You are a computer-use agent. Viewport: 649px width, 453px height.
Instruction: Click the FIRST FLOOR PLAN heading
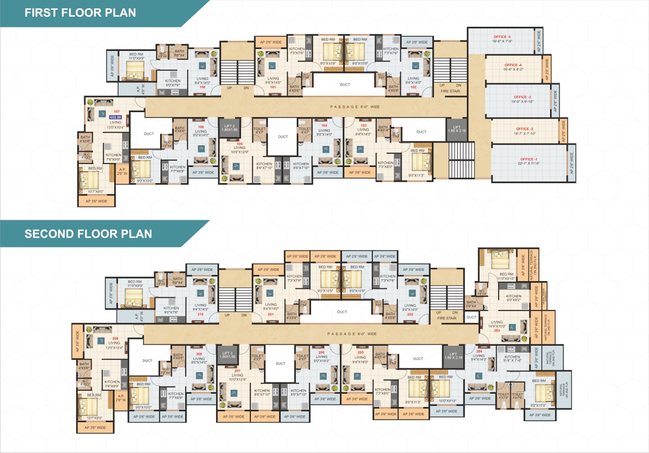[80, 13]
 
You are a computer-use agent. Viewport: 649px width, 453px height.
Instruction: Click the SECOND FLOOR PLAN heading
[88, 234]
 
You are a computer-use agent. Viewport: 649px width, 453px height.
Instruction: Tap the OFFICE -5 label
[502, 37]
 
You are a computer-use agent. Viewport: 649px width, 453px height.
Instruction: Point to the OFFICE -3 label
[522, 97]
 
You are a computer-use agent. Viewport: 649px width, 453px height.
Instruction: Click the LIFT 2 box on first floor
[229, 128]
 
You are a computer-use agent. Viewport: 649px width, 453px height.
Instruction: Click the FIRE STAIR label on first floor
[450, 91]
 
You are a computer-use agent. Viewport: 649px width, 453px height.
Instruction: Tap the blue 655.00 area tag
[115, 117]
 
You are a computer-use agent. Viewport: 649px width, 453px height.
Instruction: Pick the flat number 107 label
[117, 112]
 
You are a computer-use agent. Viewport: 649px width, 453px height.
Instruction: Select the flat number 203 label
[497, 330]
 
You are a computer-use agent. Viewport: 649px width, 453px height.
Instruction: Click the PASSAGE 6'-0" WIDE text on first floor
[355, 106]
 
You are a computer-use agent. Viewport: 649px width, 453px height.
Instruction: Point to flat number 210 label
[200, 314]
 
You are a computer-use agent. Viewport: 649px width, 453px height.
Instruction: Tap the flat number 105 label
[240, 144]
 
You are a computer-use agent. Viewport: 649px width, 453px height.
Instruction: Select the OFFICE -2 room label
[524, 129]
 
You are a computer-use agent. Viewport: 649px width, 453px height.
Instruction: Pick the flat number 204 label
[479, 351]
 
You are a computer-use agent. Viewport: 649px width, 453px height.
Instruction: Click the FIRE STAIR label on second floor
[447, 318]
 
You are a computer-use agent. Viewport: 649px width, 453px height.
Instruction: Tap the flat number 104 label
[324, 126]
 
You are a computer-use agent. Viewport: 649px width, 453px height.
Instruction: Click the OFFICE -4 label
[513, 65]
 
